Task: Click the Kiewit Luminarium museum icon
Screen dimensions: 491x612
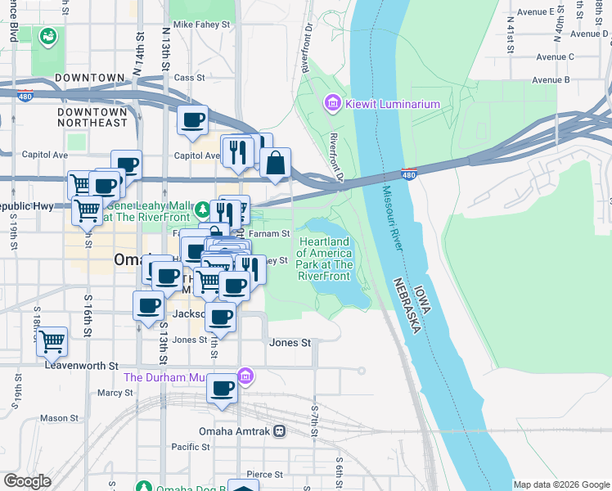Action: point(332,103)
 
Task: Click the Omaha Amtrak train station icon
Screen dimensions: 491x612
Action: point(280,431)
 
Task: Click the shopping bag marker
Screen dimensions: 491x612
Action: point(276,163)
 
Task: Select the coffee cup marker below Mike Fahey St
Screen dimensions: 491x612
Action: point(193,119)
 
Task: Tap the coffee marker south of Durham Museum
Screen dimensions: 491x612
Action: point(221,389)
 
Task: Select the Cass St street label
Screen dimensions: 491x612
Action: point(188,77)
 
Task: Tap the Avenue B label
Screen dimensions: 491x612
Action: point(550,79)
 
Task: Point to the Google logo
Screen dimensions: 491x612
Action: point(28,481)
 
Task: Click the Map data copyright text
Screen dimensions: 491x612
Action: point(561,484)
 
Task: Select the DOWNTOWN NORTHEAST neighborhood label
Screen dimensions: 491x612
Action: point(92,116)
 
